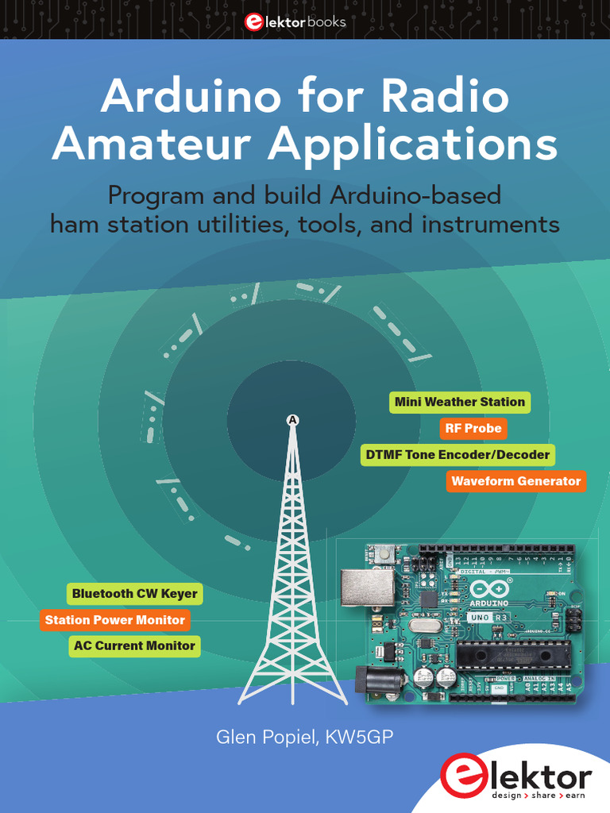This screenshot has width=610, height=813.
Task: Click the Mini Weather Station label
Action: (x=460, y=402)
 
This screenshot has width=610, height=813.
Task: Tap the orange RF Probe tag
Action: (x=473, y=429)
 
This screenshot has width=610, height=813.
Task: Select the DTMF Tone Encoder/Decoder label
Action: (x=457, y=455)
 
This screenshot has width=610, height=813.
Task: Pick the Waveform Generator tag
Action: (x=515, y=481)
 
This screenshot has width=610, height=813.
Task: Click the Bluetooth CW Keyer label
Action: (x=134, y=594)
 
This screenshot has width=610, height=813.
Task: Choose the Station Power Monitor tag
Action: (x=114, y=620)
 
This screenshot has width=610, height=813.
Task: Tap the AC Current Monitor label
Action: (x=133, y=646)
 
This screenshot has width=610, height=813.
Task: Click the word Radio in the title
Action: (x=445, y=98)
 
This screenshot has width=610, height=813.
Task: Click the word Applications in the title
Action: (x=412, y=145)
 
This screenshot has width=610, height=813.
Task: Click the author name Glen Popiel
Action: (x=267, y=738)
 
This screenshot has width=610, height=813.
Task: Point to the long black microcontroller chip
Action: (x=513, y=654)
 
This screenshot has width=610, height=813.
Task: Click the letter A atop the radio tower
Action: (x=293, y=419)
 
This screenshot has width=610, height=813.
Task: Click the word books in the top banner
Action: (x=329, y=22)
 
